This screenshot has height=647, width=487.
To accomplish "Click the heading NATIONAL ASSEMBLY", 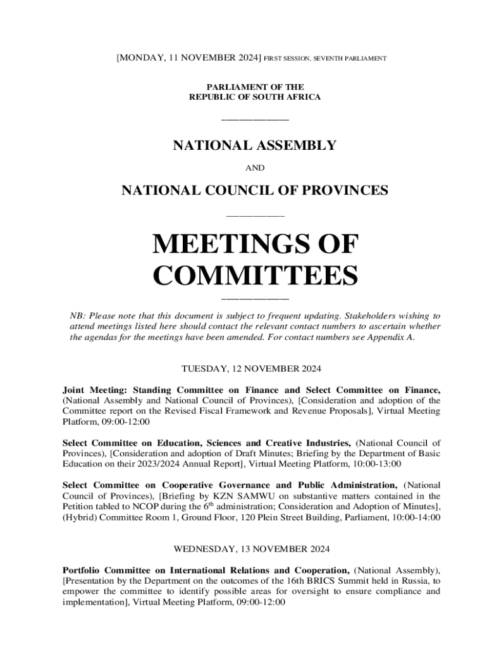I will (x=255, y=146).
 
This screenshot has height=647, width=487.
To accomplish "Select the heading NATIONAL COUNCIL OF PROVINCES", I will (x=255, y=190).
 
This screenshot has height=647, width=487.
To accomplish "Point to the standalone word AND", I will (x=255, y=168).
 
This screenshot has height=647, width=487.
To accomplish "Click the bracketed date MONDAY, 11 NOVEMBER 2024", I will (x=188, y=58).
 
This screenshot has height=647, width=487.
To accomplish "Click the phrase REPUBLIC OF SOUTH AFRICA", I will (x=255, y=97).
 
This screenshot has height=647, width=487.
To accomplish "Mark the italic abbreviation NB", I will (x=77, y=315).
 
